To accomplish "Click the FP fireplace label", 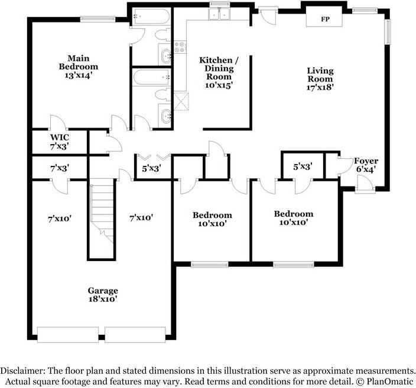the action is point(325,19).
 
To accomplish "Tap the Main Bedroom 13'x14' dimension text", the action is point(78,76).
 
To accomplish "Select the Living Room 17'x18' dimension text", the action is point(320,87).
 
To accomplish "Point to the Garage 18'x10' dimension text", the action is point(103,299).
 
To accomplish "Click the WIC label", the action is point(60,138).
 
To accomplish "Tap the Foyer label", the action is point(366,161).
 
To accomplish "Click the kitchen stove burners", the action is point(180,47).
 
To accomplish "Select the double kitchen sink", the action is point(219,14).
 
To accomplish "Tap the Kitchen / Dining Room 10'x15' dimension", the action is point(219,85).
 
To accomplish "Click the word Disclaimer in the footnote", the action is point(23,370).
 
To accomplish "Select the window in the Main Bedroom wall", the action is point(98,19).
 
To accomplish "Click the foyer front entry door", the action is point(365,184).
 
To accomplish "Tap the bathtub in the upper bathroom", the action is point(151,16).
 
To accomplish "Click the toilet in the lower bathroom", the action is point(162,94).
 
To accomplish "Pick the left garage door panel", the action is point(68,335).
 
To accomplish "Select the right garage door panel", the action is point(135,335).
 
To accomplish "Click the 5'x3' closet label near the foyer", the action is point(303,167).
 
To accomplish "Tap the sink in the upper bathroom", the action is point(166,56).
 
